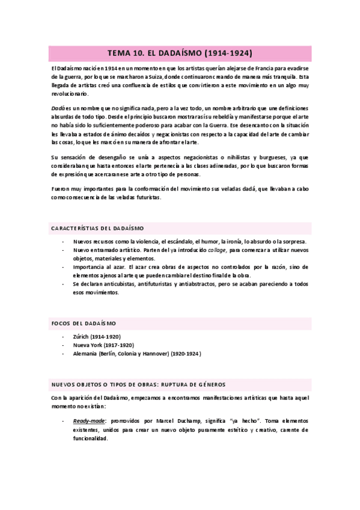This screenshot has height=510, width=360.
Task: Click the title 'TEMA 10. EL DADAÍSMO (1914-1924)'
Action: point(180,53)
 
